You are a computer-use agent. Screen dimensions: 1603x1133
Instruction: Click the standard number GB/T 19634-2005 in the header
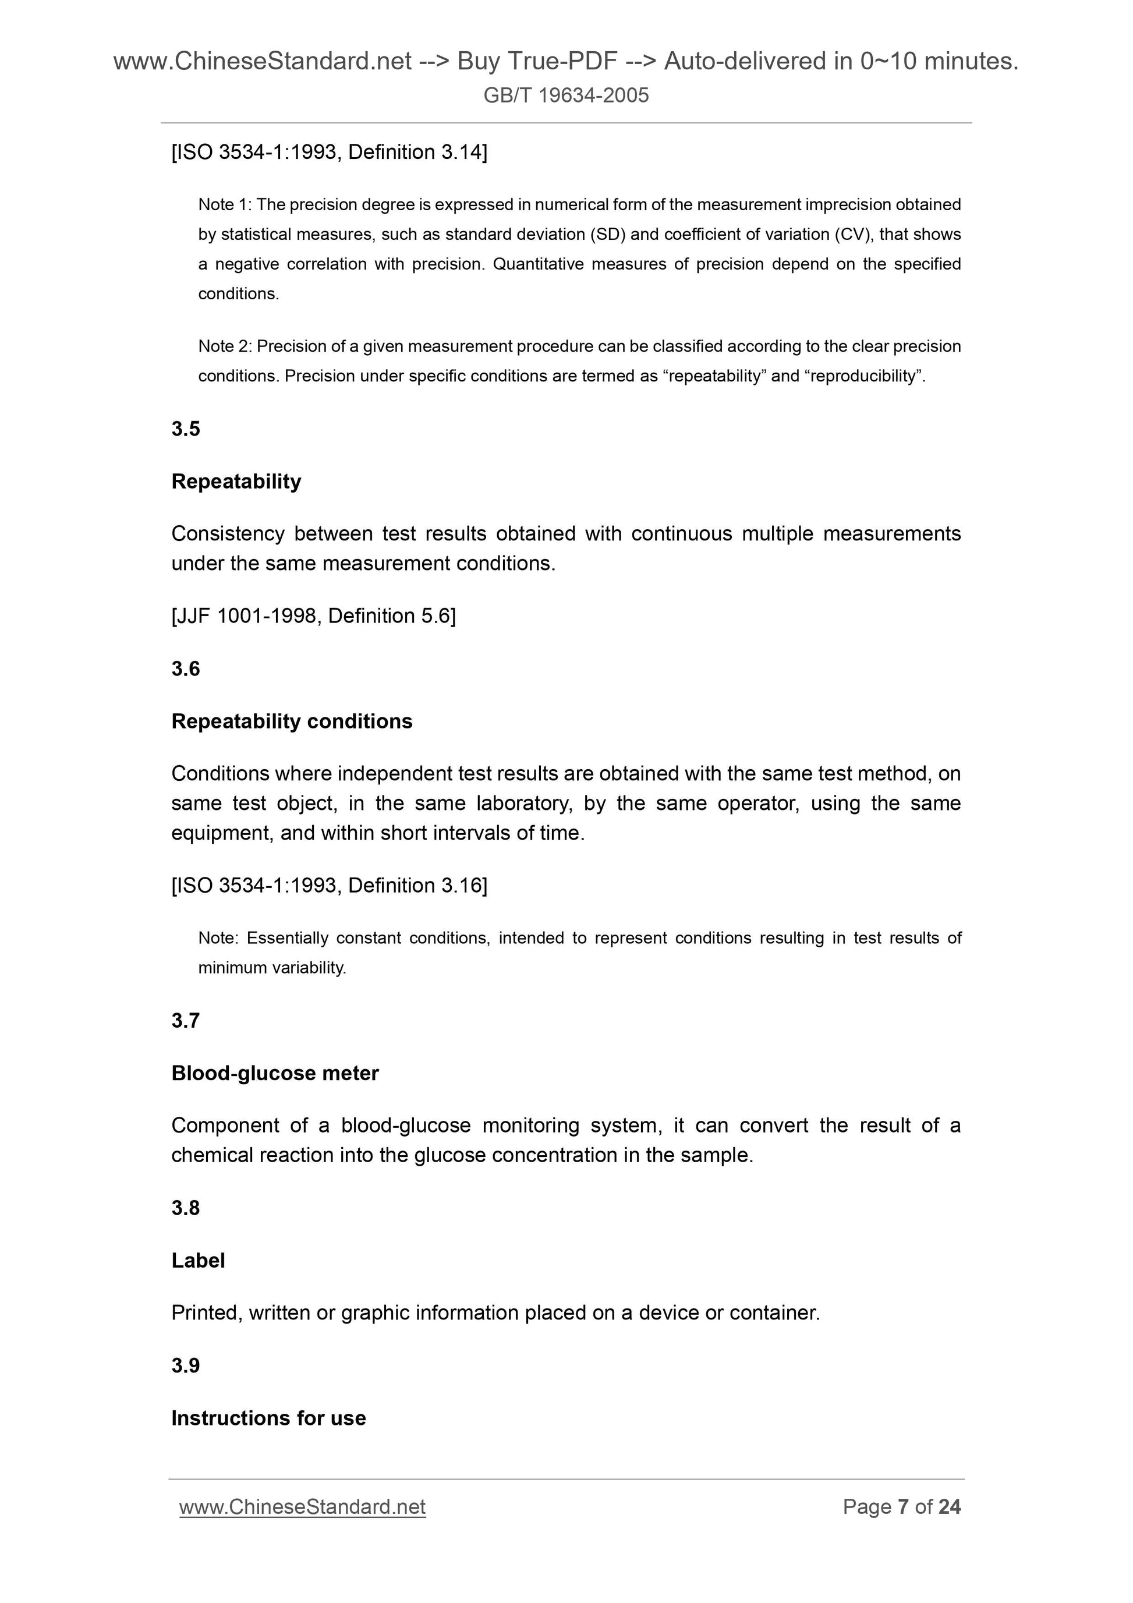(x=565, y=95)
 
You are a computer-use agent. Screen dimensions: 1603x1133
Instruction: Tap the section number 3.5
(x=186, y=429)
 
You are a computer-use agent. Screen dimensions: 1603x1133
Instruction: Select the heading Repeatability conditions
(x=292, y=721)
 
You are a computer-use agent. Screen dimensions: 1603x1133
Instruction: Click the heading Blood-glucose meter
(x=275, y=1073)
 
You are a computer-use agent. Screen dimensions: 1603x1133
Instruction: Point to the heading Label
(x=199, y=1260)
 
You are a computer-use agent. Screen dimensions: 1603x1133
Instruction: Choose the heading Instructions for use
(x=269, y=1418)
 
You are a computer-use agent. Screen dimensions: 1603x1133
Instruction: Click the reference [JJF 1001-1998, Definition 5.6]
(x=313, y=616)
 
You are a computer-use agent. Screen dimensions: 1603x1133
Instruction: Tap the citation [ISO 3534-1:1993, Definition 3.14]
(x=330, y=152)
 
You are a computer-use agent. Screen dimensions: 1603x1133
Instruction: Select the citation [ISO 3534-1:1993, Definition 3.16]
(x=330, y=885)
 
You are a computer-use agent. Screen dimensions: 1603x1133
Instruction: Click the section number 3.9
(x=186, y=1365)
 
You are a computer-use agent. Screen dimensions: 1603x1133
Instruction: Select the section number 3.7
(x=186, y=1021)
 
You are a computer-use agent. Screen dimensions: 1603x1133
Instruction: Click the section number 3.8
(x=186, y=1208)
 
